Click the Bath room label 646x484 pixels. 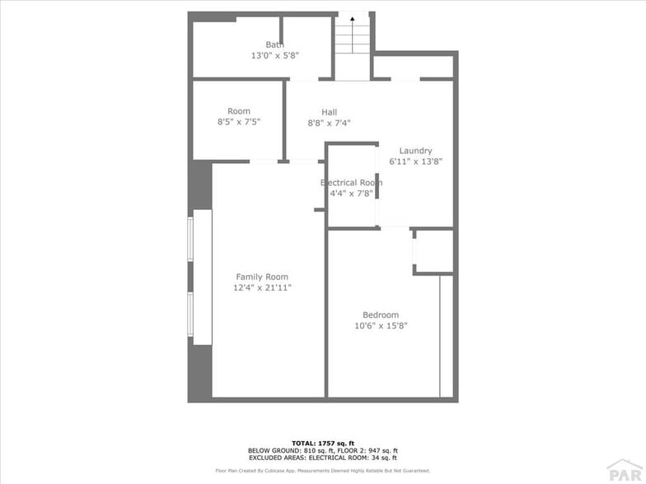click(274, 44)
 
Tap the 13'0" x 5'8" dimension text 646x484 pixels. click(274, 56)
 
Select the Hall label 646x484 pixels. click(329, 112)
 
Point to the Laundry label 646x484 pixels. click(415, 151)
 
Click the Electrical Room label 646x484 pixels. click(351, 183)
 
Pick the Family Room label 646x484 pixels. click(262, 277)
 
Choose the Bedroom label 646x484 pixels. click(381, 314)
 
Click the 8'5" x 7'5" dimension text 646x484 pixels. click(239, 123)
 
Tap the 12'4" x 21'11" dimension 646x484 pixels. click(262, 288)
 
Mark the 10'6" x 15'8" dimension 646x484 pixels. click(381, 326)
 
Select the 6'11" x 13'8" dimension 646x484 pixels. click(415, 162)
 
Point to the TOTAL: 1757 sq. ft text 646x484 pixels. click(322, 443)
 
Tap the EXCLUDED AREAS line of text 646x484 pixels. click(322, 458)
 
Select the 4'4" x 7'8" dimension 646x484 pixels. click(351, 194)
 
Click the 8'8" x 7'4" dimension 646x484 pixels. click(329, 123)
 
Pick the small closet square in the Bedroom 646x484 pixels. click(433, 252)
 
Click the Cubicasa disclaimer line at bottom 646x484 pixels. click(322, 471)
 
